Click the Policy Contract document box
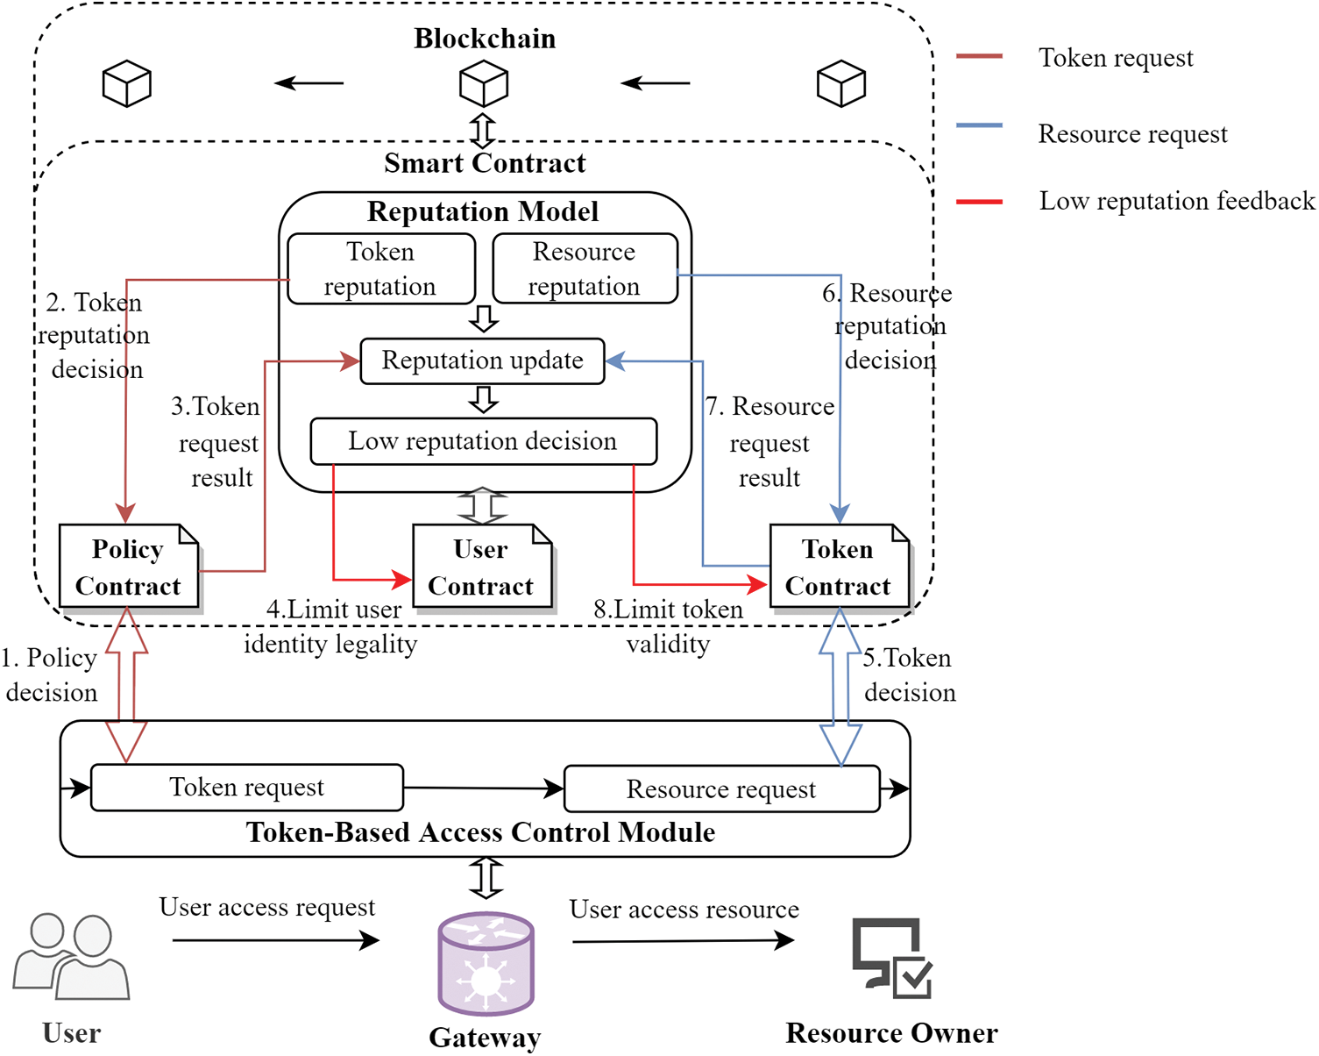(x=129, y=567)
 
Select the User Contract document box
(x=482, y=567)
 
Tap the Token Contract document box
(x=839, y=567)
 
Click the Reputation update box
(x=483, y=360)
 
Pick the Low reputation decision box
(x=483, y=441)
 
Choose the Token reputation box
(x=380, y=269)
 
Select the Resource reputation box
(x=585, y=269)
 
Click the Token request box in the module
(x=247, y=788)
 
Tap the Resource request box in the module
(x=721, y=789)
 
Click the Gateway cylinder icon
(x=486, y=963)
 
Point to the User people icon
(x=71, y=957)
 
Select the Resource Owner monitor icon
(x=892, y=958)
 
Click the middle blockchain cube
(x=484, y=84)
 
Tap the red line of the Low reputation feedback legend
(x=979, y=202)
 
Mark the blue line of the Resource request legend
(x=979, y=126)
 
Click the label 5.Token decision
(x=909, y=675)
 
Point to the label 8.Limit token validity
(x=668, y=627)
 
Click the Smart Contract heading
(x=485, y=163)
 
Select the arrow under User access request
(x=275, y=941)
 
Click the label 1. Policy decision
(x=50, y=675)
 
